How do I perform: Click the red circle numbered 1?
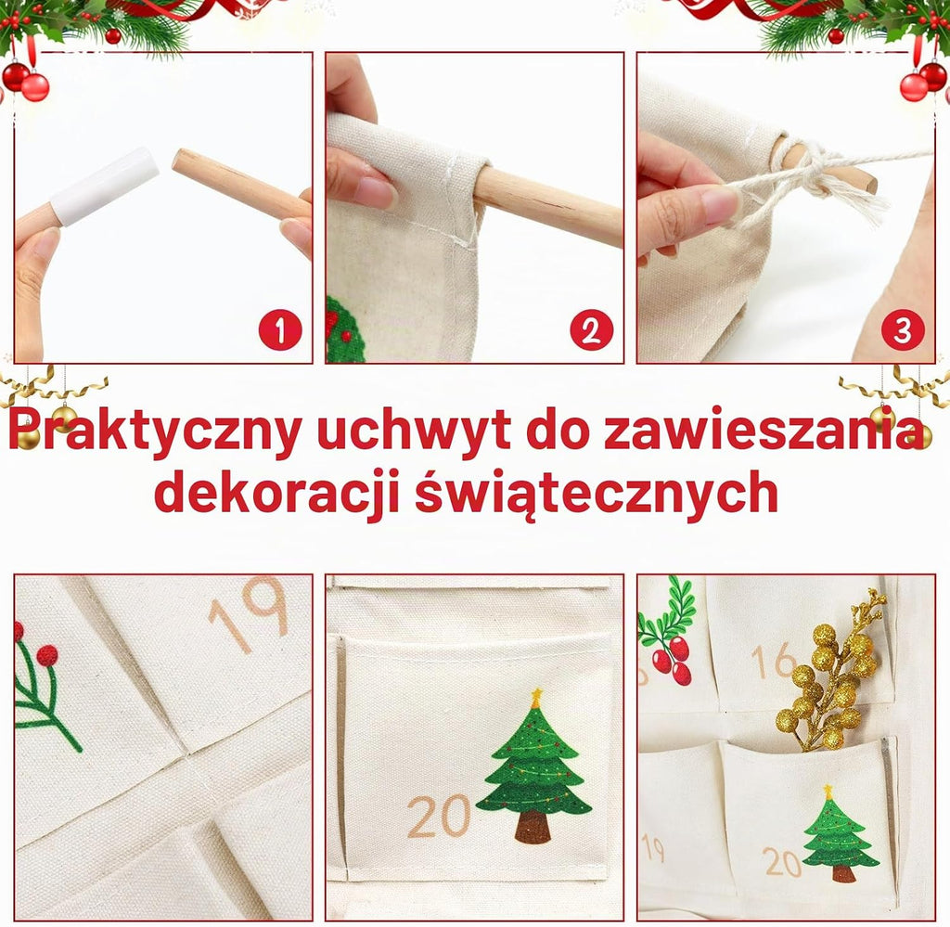pos(280,330)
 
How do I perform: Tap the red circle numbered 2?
pos(591,330)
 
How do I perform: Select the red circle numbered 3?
pos(903,331)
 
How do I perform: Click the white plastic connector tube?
pos(104,186)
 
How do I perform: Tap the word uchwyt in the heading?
pos(413,432)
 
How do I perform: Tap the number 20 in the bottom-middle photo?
pos(439,816)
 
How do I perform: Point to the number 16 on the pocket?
pos(774,661)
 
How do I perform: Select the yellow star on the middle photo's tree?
pos(536,698)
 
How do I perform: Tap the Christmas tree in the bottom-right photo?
pos(841,833)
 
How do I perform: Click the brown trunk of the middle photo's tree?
pos(533,827)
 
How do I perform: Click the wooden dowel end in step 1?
pos(182,161)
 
